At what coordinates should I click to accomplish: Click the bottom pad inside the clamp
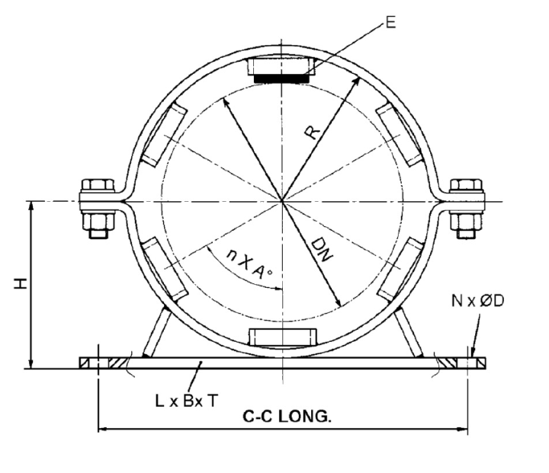pos(282,337)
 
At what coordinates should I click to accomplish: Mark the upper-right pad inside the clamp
pos(399,135)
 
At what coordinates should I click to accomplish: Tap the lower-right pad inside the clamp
pos(399,269)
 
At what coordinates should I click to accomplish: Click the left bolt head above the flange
pos(97,185)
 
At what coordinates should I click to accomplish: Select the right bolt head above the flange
pos(466,185)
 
